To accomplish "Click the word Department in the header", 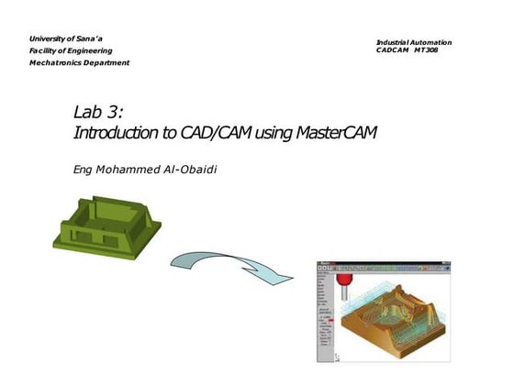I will coord(107,62).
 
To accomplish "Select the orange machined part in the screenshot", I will coord(395,312).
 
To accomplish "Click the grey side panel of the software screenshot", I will coord(326,312).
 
